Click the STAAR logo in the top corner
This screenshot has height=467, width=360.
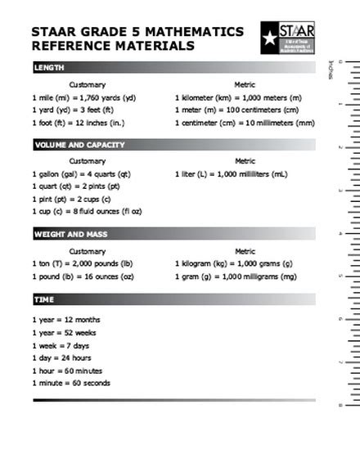tap(287, 38)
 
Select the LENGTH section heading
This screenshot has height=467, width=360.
tap(49, 68)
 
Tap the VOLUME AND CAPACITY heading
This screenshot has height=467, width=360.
tap(79, 145)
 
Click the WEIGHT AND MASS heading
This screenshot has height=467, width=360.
tap(70, 234)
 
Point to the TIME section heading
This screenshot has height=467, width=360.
tap(44, 300)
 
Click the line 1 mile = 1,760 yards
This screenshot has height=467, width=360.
tap(84, 98)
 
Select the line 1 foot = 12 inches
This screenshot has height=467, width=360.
tap(79, 123)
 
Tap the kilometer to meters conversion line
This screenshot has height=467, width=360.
tap(238, 98)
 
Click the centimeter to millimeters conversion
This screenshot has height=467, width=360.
tap(245, 123)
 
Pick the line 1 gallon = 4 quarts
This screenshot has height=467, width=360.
tap(81, 174)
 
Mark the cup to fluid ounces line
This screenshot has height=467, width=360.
tap(87, 211)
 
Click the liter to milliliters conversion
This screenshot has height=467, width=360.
tap(231, 174)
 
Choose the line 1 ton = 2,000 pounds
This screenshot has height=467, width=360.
tap(82, 263)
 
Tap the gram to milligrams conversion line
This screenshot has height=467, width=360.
tap(236, 276)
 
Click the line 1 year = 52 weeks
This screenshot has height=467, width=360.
tap(65, 333)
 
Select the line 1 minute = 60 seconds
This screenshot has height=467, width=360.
tap(71, 383)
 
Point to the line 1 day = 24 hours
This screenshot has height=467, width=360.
tap(62, 357)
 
